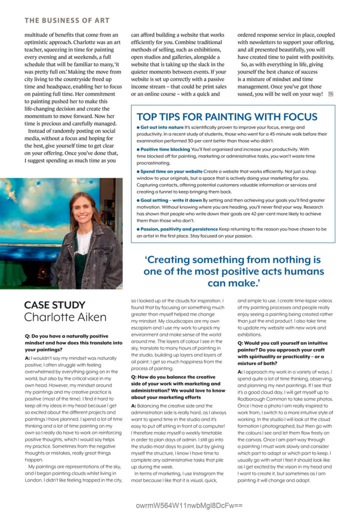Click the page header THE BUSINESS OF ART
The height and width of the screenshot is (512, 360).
click(66, 20)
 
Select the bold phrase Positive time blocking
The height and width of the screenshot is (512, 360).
click(165, 149)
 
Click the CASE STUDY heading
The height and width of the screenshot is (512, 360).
click(54, 304)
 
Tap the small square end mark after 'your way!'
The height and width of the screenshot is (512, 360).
click(330, 94)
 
